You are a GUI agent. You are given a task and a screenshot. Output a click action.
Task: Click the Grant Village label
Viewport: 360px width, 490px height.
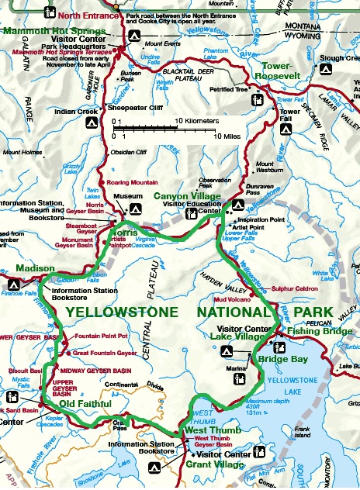click(x=213, y=464)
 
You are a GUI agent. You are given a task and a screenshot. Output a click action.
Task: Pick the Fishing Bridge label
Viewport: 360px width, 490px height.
click(x=319, y=330)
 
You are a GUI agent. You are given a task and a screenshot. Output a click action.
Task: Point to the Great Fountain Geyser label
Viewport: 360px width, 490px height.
click(x=104, y=353)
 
